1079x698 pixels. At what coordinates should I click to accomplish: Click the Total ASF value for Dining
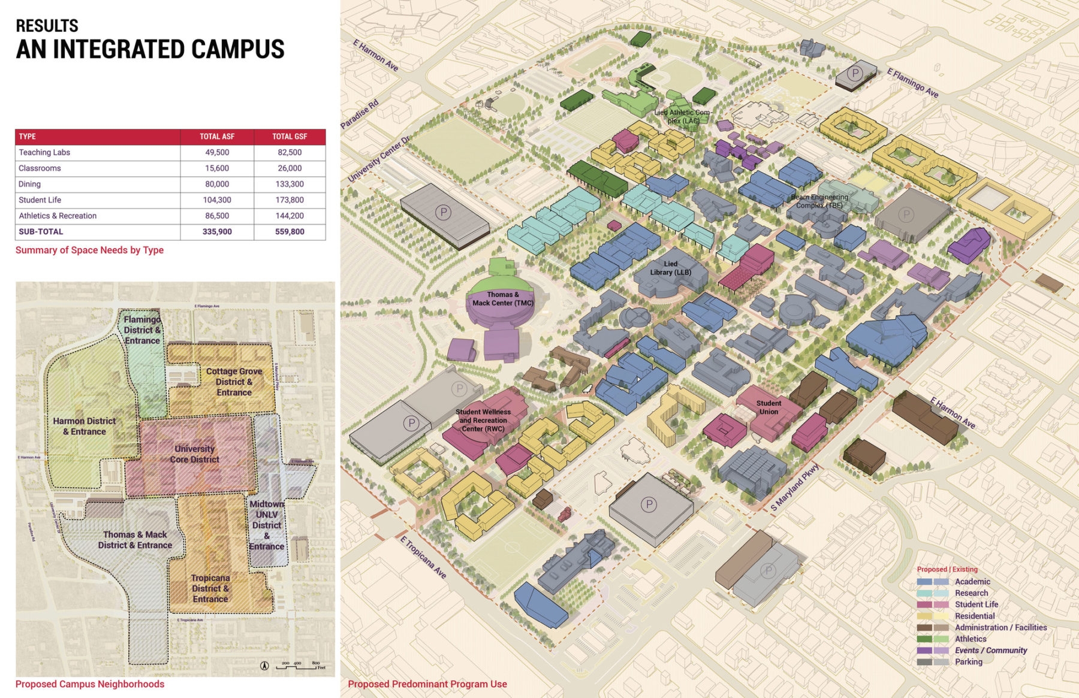tap(217, 184)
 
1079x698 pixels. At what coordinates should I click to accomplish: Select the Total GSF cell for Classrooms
tap(290, 168)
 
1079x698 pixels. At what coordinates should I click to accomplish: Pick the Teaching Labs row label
tap(44, 152)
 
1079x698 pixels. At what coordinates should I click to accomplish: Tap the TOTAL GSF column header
tap(290, 137)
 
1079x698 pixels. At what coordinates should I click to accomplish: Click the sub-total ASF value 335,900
tap(217, 232)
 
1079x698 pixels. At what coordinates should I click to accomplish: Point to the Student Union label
tap(768, 407)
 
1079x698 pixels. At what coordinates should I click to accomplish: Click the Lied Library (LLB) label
tap(671, 268)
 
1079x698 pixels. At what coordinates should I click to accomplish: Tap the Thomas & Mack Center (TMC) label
tap(502, 298)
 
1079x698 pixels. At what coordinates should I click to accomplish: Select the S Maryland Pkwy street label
tap(794, 488)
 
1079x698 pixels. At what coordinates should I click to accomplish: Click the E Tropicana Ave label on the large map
tap(423, 557)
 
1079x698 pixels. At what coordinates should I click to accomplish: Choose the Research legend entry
tap(971, 593)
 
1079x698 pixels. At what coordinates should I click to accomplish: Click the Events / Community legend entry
tap(990, 651)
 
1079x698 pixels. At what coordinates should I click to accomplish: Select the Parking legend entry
tap(968, 662)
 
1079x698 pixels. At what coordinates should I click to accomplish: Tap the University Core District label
tap(194, 454)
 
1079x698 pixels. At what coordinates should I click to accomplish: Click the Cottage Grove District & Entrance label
tap(234, 382)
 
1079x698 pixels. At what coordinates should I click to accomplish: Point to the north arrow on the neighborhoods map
tap(264, 666)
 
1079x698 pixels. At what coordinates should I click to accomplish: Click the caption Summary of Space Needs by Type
tap(89, 250)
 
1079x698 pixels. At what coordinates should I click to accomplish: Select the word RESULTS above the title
tap(47, 26)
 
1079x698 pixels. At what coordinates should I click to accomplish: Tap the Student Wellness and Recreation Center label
tap(483, 420)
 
